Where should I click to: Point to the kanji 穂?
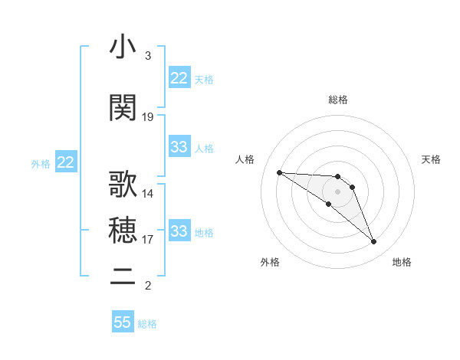[123, 229]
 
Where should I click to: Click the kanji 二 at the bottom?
[123, 276]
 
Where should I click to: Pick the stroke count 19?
[148, 117]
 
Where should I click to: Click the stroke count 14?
[148, 193]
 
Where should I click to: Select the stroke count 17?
[148, 240]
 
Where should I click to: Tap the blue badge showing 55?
[123, 322]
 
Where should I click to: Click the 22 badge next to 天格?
[179, 78]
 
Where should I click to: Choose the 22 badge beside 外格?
[66, 162]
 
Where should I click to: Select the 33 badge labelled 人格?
[179, 147]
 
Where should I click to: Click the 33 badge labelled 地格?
[179, 231]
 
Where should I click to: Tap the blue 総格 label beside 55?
[148, 324]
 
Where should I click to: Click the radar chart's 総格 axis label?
[337, 100]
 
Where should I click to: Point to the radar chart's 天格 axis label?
[432, 159]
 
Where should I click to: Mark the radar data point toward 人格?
[279, 172]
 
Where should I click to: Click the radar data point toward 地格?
[374, 242]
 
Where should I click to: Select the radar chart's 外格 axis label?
[270, 263]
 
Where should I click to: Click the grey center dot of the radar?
[337, 191]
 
